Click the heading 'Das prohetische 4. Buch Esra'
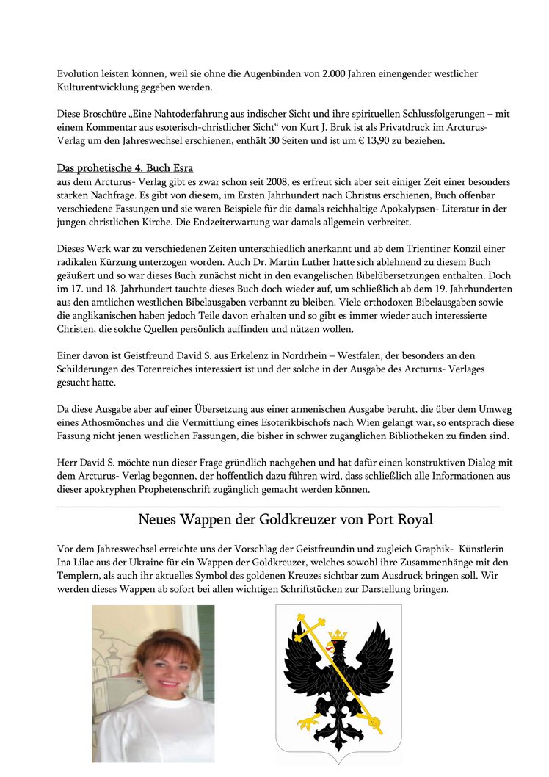tap(125, 167)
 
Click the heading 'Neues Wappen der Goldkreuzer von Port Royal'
tap(286, 520)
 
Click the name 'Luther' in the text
tap(292, 262)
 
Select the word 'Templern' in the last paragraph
tap(80, 577)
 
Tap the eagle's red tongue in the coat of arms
tap(328, 648)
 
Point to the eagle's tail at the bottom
tap(339, 742)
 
